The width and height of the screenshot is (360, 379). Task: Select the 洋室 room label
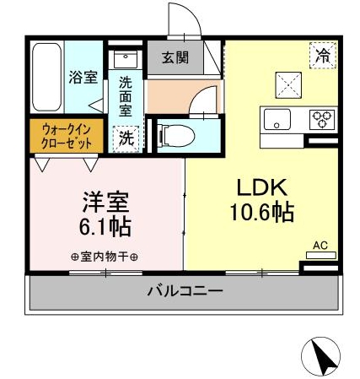(x=105, y=203)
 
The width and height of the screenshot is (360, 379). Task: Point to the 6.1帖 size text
(x=105, y=226)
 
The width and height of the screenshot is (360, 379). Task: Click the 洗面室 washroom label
(x=125, y=95)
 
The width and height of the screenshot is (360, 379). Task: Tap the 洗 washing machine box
(x=125, y=136)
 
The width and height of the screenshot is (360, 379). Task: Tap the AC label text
(x=320, y=246)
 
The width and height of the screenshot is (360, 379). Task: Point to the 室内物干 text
(x=105, y=257)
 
